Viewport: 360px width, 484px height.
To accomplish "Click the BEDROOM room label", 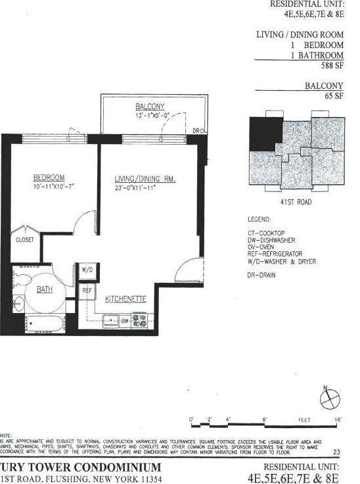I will (49, 178).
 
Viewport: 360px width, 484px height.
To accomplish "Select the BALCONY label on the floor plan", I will (150, 107).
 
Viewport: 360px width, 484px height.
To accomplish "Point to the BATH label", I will (44, 289).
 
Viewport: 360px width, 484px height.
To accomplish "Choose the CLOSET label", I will (24, 240).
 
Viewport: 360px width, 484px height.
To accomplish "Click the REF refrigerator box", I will (87, 289).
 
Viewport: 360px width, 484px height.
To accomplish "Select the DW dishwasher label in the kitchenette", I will (124, 321).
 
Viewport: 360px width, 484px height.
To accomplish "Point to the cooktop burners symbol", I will (139, 320).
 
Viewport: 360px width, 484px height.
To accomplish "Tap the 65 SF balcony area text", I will (334, 96).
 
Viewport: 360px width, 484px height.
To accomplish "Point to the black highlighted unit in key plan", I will (262, 133).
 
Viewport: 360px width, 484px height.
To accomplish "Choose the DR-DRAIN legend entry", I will (261, 275).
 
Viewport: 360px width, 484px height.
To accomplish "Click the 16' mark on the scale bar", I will (336, 419).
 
